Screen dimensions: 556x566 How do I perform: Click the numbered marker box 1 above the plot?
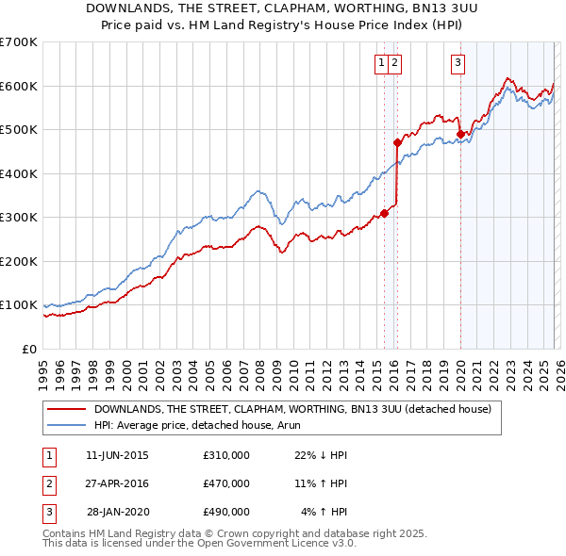382,64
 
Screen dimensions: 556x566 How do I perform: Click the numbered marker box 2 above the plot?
394,64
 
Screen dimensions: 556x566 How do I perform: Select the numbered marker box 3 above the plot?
458,64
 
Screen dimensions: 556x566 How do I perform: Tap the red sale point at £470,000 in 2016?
398,143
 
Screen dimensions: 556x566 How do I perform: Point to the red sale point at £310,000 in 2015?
384,213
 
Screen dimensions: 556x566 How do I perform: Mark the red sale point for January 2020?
460,134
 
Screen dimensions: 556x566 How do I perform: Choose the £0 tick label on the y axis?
29,349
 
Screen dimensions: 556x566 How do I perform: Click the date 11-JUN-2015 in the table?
117,455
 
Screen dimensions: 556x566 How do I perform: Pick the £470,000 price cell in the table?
226,483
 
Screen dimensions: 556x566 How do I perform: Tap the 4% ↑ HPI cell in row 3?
325,512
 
